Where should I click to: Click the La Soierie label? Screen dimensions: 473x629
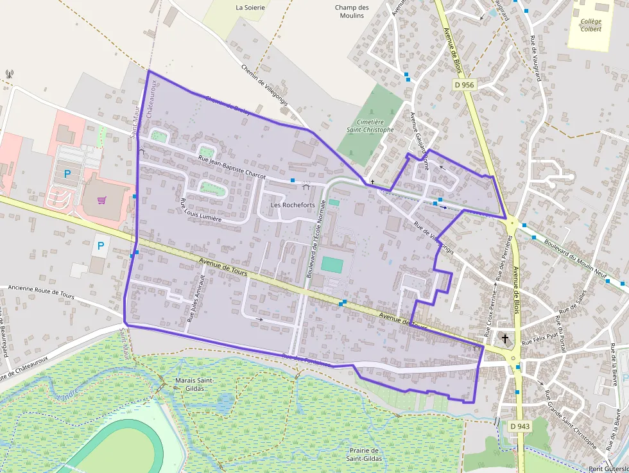[x=250, y=8]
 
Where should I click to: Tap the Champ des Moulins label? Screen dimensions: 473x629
[x=352, y=12]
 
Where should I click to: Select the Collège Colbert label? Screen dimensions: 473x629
[x=590, y=25]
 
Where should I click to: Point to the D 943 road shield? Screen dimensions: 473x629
[x=520, y=426]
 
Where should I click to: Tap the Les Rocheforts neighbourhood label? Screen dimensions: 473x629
[x=293, y=205]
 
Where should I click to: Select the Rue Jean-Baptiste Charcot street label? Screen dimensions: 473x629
[x=232, y=166]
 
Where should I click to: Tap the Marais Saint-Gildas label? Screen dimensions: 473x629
[x=194, y=384]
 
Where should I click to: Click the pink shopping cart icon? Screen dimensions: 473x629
[x=101, y=200]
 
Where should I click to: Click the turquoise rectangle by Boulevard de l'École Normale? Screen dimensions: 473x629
[x=332, y=264]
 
